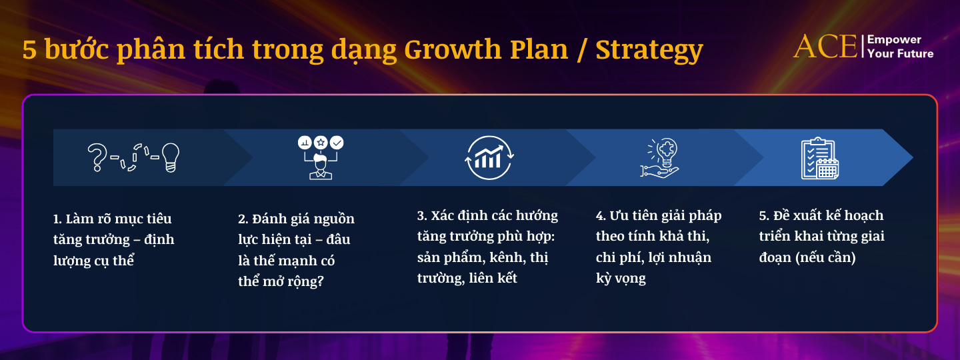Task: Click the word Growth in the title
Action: pyautogui.click(x=452, y=50)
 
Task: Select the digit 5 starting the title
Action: pyautogui.click(x=29, y=50)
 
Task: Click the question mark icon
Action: pyautogui.click(x=97, y=157)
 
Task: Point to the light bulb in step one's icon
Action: pyautogui.click(x=170, y=157)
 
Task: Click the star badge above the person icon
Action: pyautogui.click(x=321, y=142)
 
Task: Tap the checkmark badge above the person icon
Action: pyautogui.click(x=337, y=142)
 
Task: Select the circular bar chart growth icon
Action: pyautogui.click(x=489, y=157)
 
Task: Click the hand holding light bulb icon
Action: pyautogui.click(x=661, y=157)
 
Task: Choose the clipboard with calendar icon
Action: pyautogui.click(x=820, y=158)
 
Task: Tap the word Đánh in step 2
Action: pyautogui.click(x=269, y=218)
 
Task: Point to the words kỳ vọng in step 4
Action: pyautogui.click(x=621, y=278)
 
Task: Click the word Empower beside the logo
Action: pyautogui.click(x=894, y=40)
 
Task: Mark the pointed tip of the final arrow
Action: pyautogui.click(x=913, y=157)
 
